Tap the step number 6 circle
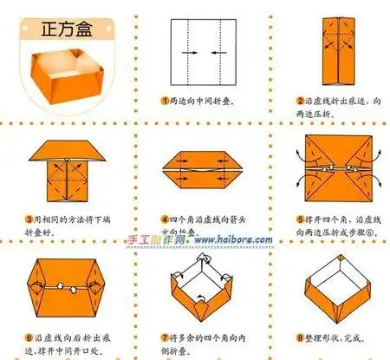click(x=29, y=335)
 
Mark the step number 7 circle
click(x=165, y=335)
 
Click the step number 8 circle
click(x=298, y=335)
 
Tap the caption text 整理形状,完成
click(x=339, y=335)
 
